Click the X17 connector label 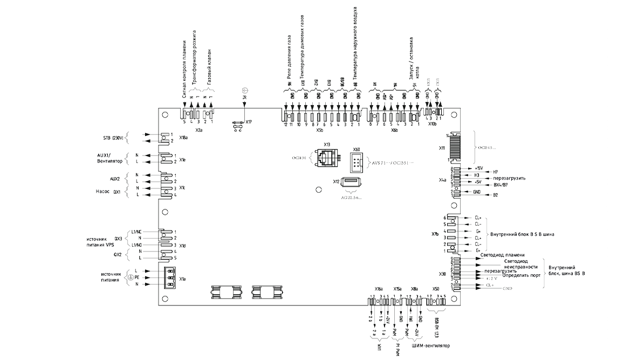tap(249, 122)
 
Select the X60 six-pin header tap(355, 161)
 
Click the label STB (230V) tap(115, 138)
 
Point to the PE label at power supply tap(137, 277)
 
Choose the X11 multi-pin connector tap(455, 146)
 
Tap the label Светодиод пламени tap(506, 255)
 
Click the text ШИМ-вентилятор tap(429, 345)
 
